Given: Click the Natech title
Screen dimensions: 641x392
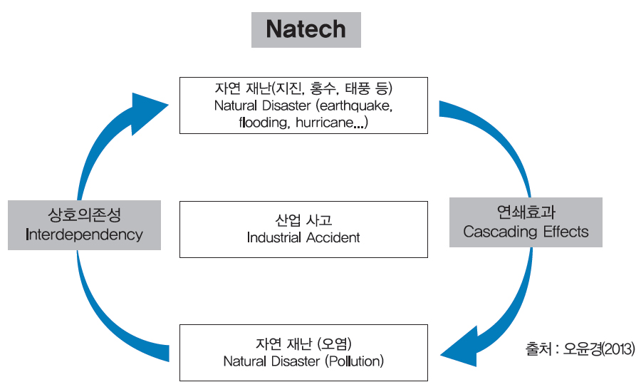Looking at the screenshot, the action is (x=306, y=29).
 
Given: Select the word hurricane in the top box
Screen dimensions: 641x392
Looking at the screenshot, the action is (x=325, y=123).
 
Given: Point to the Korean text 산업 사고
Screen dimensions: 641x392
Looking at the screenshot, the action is (x=303, y=220).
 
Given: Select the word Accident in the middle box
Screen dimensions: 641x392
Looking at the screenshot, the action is (x=333, y=237).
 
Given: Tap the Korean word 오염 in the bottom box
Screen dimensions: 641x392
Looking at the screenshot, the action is (x=334, y=344).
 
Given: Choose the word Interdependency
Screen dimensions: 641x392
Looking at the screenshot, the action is (x=84, y=234).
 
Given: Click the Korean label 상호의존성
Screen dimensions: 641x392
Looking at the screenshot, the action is (x=84, y=215).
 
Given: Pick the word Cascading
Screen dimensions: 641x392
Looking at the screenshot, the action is (x=500, y=232).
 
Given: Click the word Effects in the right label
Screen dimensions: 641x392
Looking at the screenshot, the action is (x=566, y=232).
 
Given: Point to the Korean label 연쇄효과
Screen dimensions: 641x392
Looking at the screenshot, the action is (x=526, y=212).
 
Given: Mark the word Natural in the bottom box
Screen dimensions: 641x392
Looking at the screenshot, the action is (x=244, y=361).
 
